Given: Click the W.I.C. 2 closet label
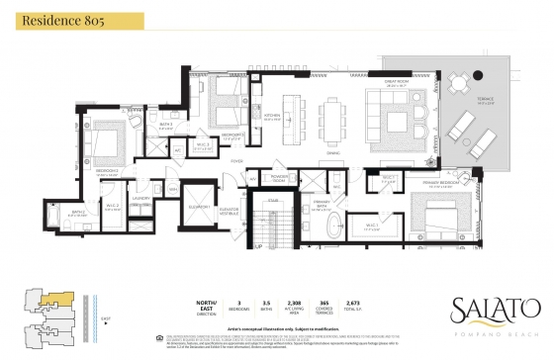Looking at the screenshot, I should [x=114, y=205].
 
